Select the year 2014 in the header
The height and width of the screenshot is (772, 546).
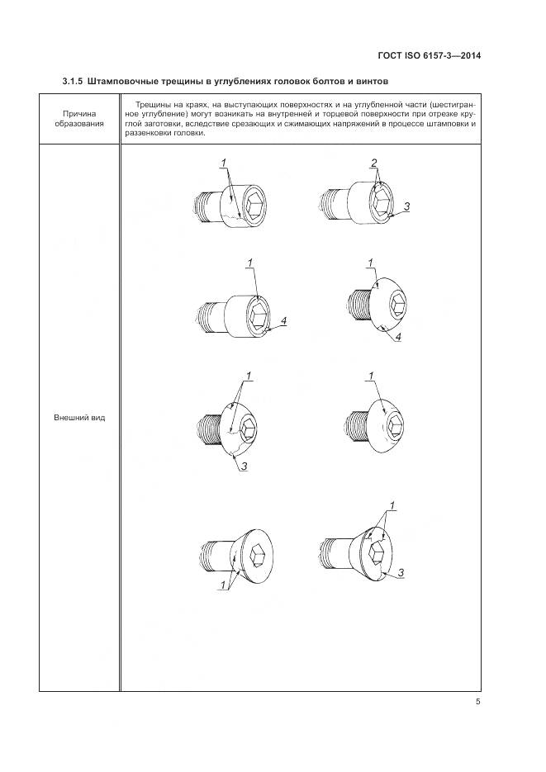[x=471, y=55]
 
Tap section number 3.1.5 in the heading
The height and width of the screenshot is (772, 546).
[x=73, y=81]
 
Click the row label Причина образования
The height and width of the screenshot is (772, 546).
[x=79, y=119]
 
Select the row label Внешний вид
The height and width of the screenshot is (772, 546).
[x=79, y=418]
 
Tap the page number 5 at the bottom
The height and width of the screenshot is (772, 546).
[x=477, y=702]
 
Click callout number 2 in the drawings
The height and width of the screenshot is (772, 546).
[x=374, y=163]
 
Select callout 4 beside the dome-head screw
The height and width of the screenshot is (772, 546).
[x=398, y=337]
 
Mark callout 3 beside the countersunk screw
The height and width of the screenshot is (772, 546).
[x=401, y=572]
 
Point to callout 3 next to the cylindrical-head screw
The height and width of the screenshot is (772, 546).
[x=406, y=206]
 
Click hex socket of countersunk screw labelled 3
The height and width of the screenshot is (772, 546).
[x=377, y=557]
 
